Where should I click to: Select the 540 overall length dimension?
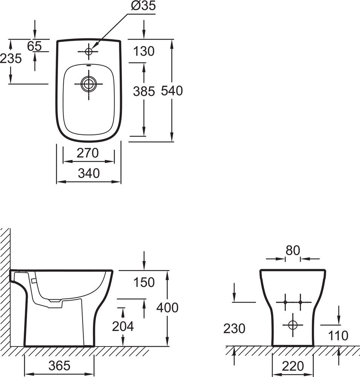[172, 91]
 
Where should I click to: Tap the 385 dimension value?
[144, 91]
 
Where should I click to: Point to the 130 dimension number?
[144, 51]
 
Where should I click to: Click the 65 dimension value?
[35, 46]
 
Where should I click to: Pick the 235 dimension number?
[11, 58]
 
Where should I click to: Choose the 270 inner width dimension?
[88, 153]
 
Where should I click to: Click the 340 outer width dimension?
[89, 173]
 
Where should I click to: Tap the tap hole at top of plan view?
[89, 51]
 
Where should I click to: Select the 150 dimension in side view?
[144, 282]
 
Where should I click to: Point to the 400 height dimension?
[167, 308]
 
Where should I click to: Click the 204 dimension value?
[123, 326]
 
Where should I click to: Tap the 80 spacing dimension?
[292, 250]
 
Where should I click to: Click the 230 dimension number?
[234, 328]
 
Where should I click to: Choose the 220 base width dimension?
[293, 365]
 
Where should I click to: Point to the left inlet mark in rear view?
[285, 302]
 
